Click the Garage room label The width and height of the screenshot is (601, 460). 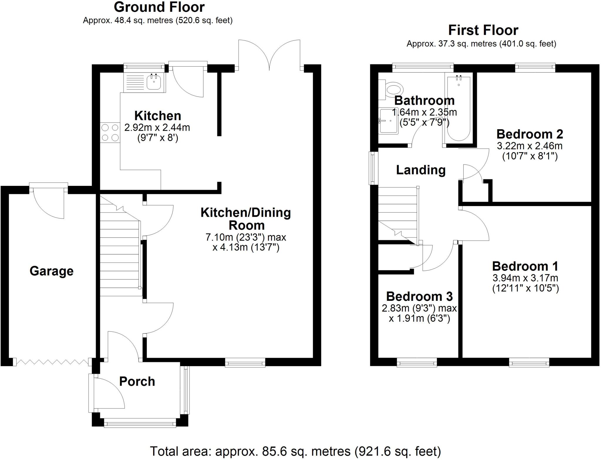point(51,271)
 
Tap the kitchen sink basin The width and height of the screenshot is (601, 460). point(153,82)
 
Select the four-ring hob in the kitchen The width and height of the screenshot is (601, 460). point(110,133)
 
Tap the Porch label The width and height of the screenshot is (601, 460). point(137,381)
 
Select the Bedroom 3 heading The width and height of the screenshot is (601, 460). point(419,296)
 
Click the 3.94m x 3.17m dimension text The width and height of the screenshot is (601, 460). point(525,278)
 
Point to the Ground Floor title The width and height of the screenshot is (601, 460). point(159,7)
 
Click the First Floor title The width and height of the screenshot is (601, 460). point(483,30)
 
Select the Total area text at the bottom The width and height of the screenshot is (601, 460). point(295,451)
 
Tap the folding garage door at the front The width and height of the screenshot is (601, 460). point(52,362)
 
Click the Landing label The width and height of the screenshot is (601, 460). point(421,170)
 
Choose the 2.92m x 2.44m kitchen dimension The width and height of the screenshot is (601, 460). point(157,128)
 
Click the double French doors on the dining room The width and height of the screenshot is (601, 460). point(269,56)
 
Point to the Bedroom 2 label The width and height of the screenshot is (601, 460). point(529,134)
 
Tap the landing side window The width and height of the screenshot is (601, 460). point(373,168)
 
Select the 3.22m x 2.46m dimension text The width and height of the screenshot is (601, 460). point(529,146)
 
